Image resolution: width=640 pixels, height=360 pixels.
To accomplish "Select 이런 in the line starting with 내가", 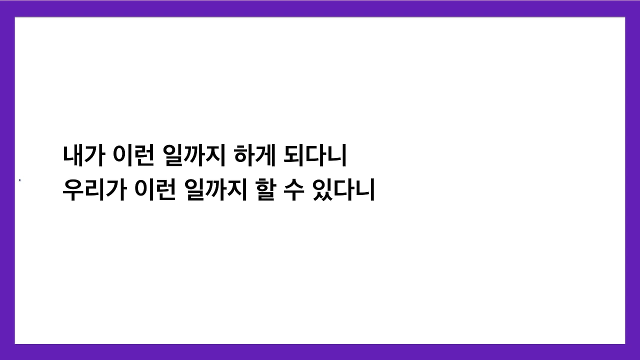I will point(134,157).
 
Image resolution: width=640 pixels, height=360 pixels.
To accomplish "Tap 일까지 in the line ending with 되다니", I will point(193,157).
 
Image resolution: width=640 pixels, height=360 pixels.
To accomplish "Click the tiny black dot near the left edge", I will point(19,180).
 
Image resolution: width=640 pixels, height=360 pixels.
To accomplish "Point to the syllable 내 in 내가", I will point(73,157).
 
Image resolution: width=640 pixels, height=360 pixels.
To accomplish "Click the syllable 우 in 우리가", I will point(73,190).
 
